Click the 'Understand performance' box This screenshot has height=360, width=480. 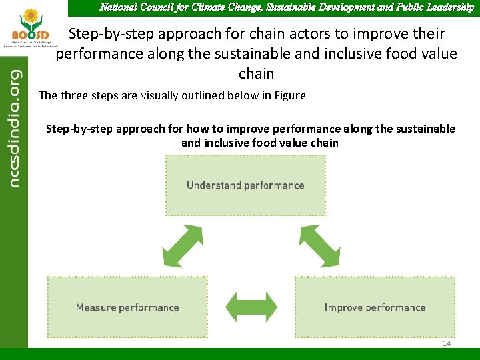point(245,185)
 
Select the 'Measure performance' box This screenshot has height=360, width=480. point(127,307)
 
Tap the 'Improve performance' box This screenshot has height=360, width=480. point(375,307)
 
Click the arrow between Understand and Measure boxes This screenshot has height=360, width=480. point(183,247)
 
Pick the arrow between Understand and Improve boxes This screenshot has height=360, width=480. point(319,247)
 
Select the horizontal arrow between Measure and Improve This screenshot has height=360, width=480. point(251,307)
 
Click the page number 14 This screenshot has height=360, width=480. point(447,343)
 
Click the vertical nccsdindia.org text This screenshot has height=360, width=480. point(13,120)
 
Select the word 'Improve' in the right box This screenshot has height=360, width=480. point(343,307)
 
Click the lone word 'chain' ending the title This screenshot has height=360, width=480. point(256,73)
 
